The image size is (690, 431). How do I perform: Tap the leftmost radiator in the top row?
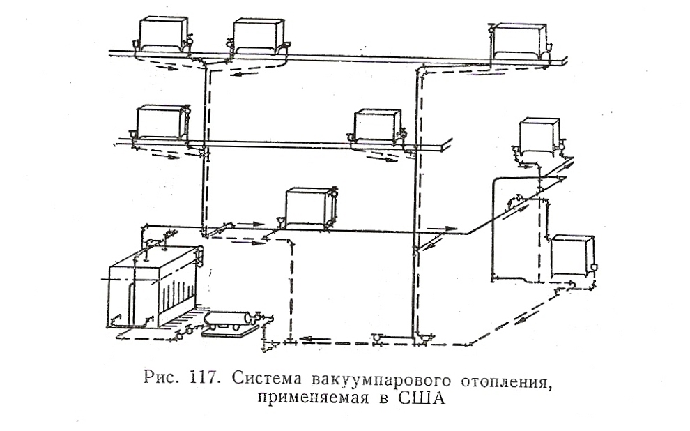(x=162, y=34)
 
